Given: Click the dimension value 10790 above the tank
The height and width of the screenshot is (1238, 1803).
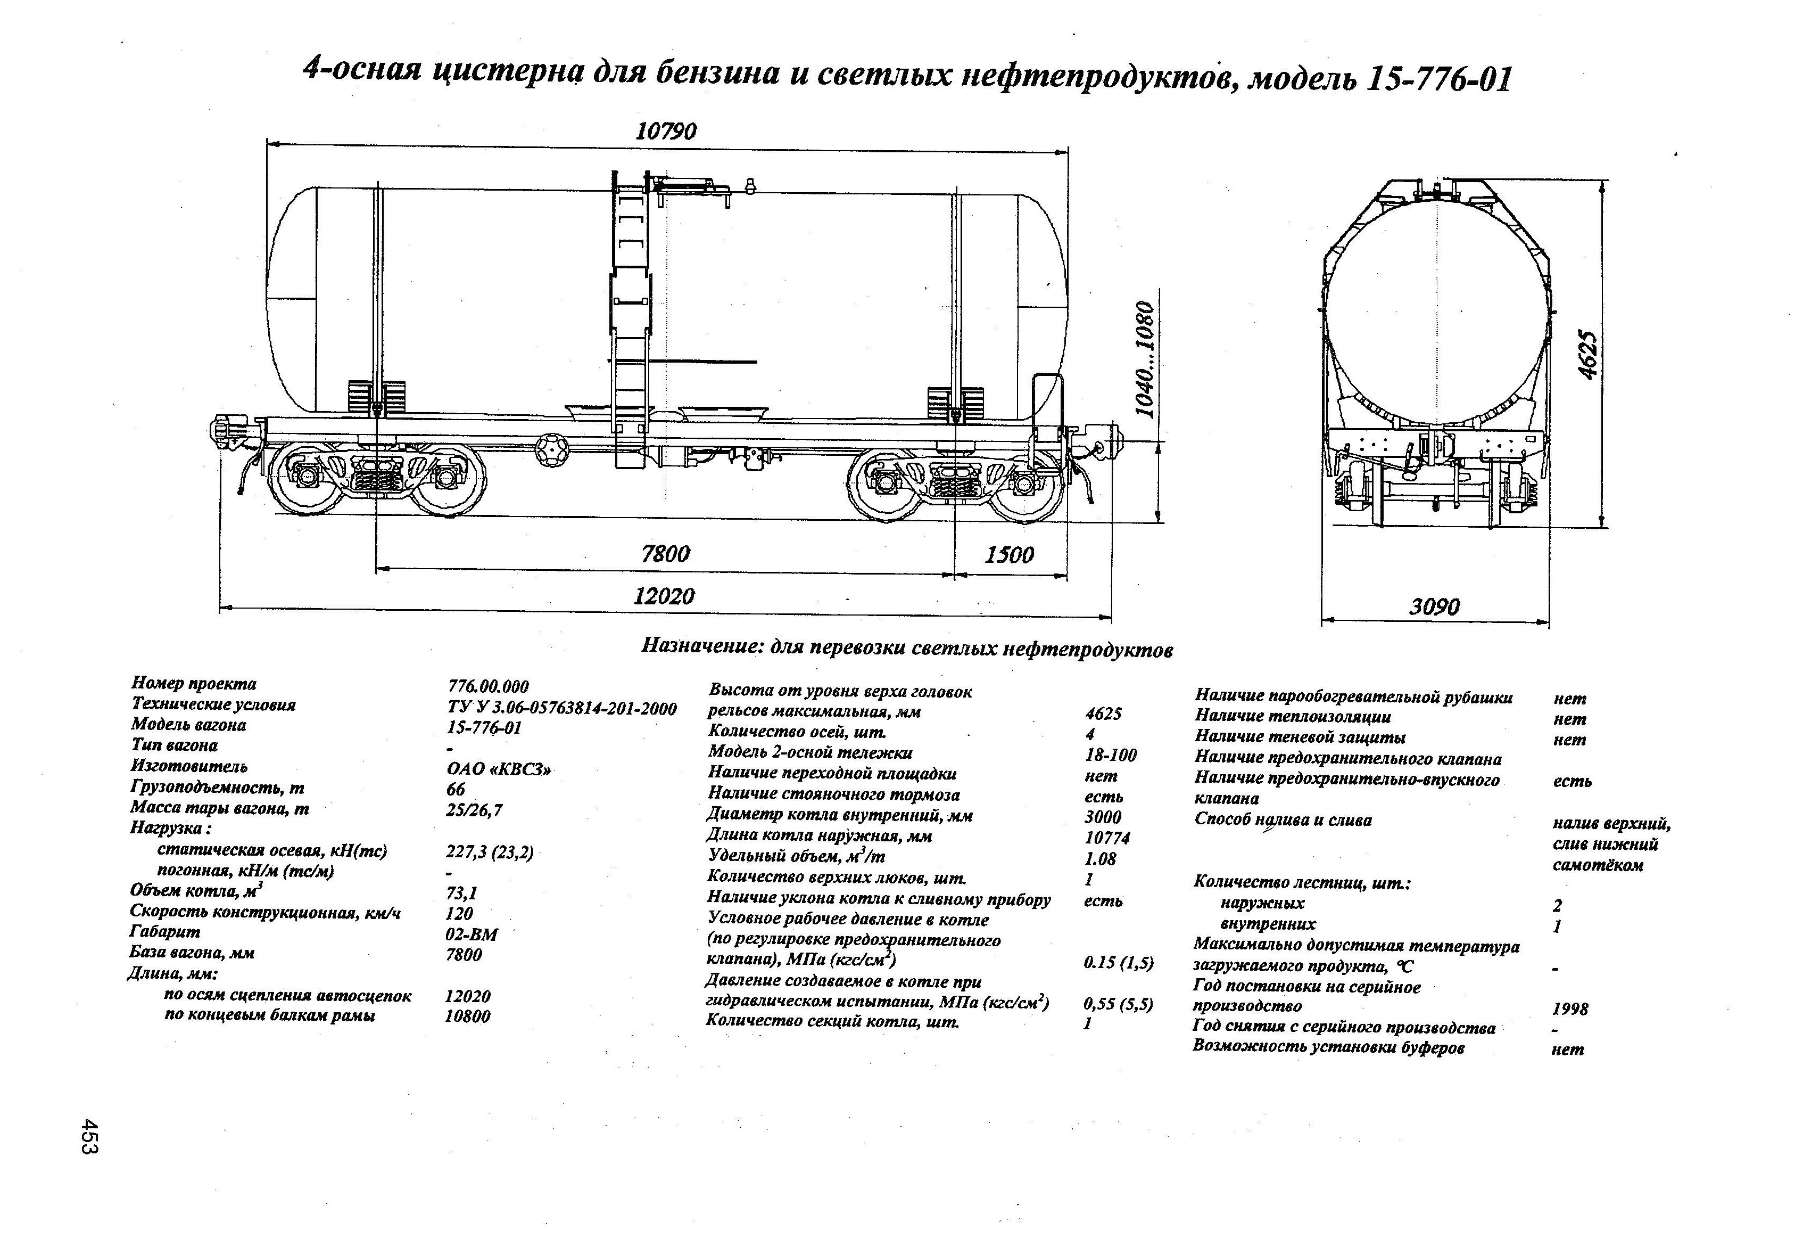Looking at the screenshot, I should (x=666, y=130).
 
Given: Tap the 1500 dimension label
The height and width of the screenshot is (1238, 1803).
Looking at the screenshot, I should (x=1010, y=554).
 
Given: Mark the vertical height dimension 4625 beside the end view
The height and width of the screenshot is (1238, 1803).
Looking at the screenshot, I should (x=1587, y=356).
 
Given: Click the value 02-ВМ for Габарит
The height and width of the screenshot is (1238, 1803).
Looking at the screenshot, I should (x=472, y=934).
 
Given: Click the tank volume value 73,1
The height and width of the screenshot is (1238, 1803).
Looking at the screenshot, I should (x=461, y=893).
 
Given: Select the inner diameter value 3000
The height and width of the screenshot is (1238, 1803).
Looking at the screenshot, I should (x=1103, y=816).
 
